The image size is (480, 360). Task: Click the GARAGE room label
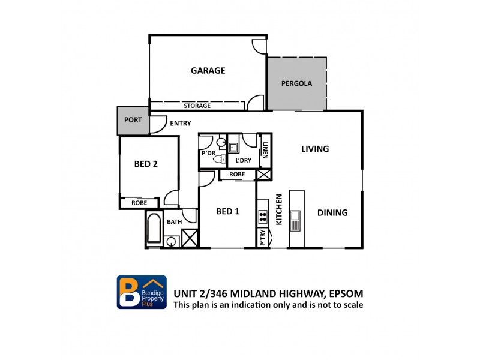208,71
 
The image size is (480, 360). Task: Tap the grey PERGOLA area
297,84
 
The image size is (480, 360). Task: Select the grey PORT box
133,120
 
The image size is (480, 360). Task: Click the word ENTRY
180,124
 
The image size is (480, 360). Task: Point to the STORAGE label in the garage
197,106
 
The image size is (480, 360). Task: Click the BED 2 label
146,163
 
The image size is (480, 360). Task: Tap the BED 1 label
227,211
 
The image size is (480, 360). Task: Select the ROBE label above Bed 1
237,175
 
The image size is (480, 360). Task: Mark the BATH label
174,222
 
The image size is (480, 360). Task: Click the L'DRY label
243,161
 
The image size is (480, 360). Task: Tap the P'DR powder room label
208,154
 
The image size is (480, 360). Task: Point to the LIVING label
315,149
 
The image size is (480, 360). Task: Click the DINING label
332,212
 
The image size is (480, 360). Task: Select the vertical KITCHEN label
279,210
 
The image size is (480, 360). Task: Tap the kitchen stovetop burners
263,216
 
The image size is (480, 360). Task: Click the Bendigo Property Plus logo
141,292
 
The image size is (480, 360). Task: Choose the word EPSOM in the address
344,293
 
